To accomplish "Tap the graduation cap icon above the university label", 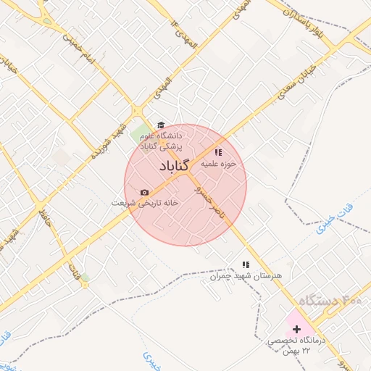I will pos(161,125).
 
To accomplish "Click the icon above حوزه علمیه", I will pos(218,152).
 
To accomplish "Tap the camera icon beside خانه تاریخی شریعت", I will pos(144,193).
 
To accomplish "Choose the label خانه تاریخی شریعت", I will pos(145,204).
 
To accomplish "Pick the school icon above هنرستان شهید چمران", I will pos(246,265).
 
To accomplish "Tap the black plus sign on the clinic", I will pos(296,330).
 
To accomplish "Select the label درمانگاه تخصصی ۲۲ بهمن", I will pos(297,345).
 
